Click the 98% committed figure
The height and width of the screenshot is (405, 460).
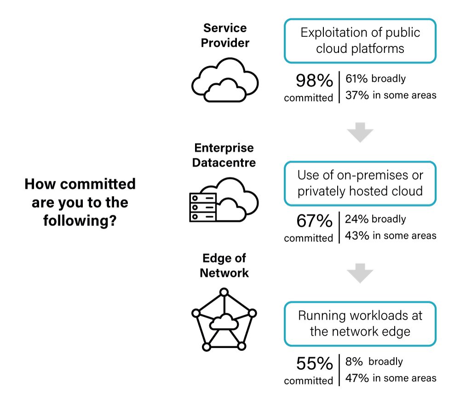click(314, 81)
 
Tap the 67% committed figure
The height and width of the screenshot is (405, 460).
click(314, 221)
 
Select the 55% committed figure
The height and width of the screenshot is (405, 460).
click(314, 364)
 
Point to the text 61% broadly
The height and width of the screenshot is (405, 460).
click(375, 79)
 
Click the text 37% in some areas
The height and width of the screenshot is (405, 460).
click(391, 95)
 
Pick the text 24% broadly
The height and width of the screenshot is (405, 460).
click(375, 219)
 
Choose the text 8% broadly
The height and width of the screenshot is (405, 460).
click(374, 361)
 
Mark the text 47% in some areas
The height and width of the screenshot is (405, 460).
click(391, 378)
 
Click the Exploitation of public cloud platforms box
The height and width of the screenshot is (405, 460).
click(360, 41)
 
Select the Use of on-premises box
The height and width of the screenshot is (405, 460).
click(360, 183)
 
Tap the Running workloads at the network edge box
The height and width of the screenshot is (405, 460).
click(360, 324)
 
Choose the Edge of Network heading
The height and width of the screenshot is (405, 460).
click(224, 265)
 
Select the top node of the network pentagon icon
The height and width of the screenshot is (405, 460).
click(224, 292)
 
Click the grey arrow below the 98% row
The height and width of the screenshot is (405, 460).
click(360, 133)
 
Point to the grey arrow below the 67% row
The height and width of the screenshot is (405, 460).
click(360, 274)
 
